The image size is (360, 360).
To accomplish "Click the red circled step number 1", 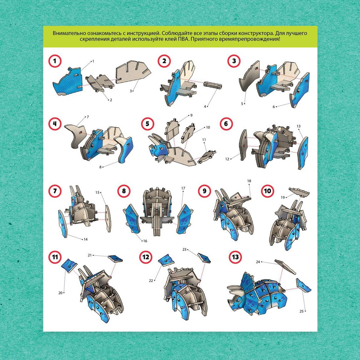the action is click(55, 61).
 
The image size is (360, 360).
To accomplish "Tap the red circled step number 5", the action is click(147, 124).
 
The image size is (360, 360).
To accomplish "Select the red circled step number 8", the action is click(124, 191).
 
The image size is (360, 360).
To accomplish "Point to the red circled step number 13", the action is click(235, 257).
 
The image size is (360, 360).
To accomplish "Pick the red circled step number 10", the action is click(267, 191).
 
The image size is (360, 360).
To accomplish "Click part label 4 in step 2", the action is click(205, 106).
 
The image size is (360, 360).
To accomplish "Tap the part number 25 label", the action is click(301, 311).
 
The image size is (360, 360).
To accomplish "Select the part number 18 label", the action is click(249, 181).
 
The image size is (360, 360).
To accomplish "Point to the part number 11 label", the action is click(204, 140).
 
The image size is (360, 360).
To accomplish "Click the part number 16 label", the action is click(145, 241).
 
